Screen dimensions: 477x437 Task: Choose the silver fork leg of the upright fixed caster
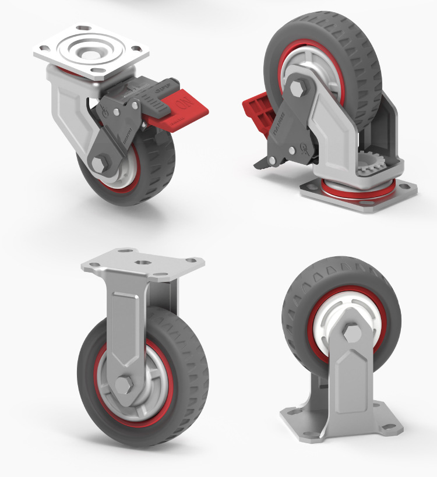(125, 326)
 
